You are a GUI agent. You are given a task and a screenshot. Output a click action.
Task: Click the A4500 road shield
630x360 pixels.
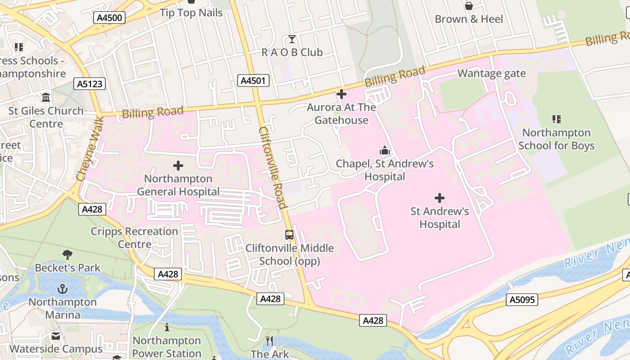tap(109, 18)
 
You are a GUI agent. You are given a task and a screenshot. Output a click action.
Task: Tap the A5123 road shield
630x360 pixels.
tap(90, 84)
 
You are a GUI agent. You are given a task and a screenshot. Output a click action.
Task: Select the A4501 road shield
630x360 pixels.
tap(253, 81)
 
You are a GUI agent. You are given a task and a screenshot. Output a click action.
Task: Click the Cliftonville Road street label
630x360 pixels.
tap(273, 168)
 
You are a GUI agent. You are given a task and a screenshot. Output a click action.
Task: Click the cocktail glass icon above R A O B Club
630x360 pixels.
tap(292, 40)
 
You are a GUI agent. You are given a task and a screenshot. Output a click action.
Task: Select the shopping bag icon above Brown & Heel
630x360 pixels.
tap(468, 6)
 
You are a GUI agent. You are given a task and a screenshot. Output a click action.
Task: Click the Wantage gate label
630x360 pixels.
tap(491, 73)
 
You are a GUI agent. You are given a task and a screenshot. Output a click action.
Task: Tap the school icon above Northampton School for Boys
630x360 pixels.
tap(556, 119)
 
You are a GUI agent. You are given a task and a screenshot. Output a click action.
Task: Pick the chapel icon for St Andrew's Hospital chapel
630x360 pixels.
tap(384, 150)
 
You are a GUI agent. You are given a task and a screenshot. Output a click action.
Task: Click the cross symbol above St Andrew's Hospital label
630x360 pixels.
tap(440, 198)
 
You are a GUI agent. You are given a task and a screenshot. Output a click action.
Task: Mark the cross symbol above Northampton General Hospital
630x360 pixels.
tap(178, 166)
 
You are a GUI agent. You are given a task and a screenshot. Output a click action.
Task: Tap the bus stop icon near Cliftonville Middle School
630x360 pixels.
tap(289, 235)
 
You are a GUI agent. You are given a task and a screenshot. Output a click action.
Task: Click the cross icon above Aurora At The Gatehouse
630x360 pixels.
tap(342, 94)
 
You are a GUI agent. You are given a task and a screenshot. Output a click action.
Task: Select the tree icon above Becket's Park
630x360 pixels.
tap(67, 255)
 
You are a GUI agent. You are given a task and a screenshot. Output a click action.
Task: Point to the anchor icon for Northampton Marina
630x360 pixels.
tap(63, 289)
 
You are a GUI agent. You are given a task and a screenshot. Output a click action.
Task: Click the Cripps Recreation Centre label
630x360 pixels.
tap(135, 238)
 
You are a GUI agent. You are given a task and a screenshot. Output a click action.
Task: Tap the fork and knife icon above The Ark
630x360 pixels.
tap(270, 341)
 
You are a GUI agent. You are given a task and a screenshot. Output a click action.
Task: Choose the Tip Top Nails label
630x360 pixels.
tap(191, 13)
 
